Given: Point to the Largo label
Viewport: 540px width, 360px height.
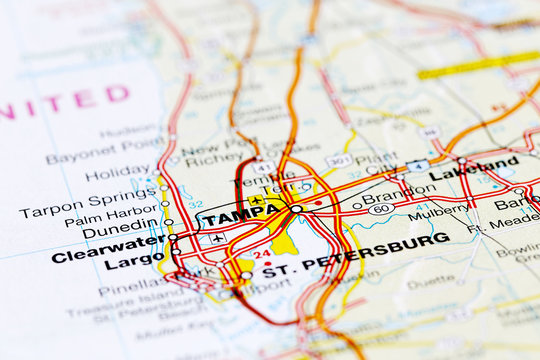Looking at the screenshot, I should point(134,262).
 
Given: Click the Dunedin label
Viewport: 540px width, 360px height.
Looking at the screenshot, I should point(120,229).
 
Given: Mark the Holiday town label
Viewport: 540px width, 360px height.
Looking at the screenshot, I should point(117,174).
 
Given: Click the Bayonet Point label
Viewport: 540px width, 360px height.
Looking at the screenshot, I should point(103,154).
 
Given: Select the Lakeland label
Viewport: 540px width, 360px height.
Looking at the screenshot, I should point(474,167).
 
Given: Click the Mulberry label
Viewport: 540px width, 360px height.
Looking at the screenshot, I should point(437,210).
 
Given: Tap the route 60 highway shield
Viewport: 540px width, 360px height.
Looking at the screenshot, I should point(380,209).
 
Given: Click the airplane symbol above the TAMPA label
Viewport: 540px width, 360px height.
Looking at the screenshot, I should point(256,200).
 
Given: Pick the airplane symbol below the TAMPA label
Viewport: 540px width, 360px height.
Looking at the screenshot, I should point(217,238).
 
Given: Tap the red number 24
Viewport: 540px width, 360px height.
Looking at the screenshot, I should point(261,254).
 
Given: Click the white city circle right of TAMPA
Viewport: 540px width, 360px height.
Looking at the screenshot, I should point(296,209).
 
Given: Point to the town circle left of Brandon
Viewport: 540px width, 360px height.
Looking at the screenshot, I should point(357,206).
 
